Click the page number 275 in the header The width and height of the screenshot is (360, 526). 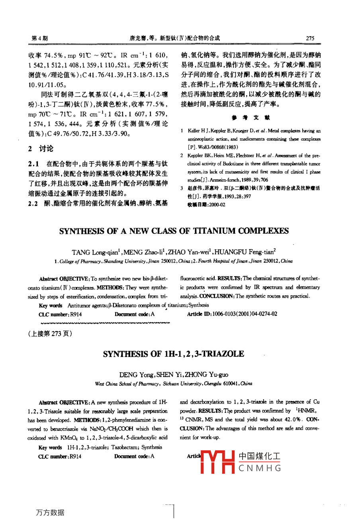click(x=310, y=38)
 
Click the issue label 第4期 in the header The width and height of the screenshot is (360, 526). click(x=39, y=38)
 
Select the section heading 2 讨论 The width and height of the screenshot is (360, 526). click(x=41, y=149)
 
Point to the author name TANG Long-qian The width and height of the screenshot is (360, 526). click(x=95, y=252)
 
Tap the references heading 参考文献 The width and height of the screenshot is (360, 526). click(x=250, y=118)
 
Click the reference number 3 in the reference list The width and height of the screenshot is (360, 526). click(x=182, y=188)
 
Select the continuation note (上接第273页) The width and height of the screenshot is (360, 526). click(x=50, y=334)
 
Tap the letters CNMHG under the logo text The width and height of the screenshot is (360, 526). click(x=260, y=468)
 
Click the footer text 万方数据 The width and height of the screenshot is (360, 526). click(x=50, y=512)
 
